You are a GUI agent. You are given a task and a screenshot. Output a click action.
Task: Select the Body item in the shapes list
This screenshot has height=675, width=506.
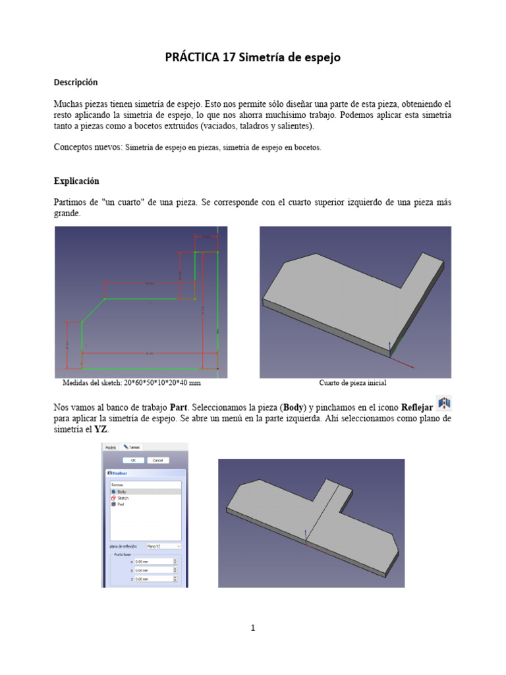coord(121,492)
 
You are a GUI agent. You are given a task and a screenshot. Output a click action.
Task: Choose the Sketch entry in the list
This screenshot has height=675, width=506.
coord(123,498)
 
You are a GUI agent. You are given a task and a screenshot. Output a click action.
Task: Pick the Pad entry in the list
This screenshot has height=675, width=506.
coord(121,504)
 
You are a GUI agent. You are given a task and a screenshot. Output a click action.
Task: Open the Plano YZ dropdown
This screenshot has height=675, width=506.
coord(163,546)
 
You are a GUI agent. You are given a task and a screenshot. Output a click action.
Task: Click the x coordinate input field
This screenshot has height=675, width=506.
coord(153,562)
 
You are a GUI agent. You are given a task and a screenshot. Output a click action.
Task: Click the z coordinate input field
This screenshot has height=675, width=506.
coord(153,579)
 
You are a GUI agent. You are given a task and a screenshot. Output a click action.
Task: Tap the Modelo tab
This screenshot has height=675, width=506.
coord(111,447)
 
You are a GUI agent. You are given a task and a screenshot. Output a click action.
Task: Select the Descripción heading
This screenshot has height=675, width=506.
coord(75,82)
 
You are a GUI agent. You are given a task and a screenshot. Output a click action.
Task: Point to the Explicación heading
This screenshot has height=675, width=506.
coord(76,181)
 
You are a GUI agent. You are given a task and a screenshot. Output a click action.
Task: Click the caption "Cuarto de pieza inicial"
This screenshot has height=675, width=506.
coord(352,383)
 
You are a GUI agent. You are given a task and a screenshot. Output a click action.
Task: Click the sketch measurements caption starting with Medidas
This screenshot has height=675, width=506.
coord(131,383)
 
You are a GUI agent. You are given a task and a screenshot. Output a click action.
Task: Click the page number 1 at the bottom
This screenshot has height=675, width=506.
coord(253,628)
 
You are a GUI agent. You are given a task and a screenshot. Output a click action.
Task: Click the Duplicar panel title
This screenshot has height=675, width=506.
coord(119,473)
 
